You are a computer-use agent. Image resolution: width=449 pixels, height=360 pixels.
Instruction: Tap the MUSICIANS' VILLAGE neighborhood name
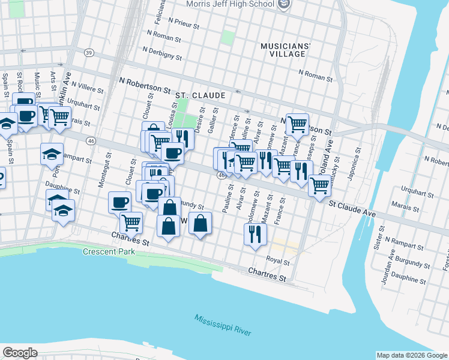click(286, 50)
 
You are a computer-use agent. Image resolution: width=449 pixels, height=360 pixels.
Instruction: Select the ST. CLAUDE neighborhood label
click(200, 95)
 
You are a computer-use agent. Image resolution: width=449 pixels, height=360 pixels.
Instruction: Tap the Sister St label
click(378, 237)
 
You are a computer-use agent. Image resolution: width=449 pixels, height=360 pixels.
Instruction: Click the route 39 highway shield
click(89, 53)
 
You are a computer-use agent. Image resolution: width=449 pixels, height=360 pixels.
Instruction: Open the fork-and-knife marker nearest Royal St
click(255, 234)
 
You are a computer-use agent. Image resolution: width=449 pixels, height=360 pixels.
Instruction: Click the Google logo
click(20, 353)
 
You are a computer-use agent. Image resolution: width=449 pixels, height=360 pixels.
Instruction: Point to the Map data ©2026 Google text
click(411, 355)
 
